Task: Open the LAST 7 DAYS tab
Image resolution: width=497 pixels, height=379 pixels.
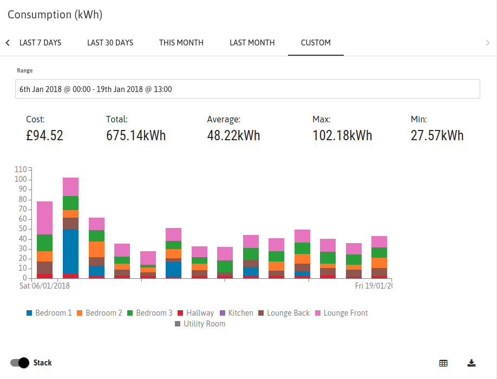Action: (x=40, y=43)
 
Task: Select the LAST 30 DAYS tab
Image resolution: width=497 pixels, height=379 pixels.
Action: (x=110, y=43)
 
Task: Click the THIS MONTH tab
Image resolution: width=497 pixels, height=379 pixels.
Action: (x=181, y=43)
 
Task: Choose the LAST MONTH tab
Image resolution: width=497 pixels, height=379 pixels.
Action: (x=252, y=43)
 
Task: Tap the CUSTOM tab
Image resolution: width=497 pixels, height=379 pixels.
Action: (x=316, y=43)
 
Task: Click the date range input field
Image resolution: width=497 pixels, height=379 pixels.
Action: (x=247, y=89)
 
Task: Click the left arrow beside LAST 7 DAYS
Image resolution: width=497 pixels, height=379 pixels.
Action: (x=8, y=43)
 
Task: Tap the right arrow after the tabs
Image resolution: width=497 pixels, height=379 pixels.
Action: (x=488, y=43)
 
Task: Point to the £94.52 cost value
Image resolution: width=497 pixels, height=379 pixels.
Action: (x=45, y=136)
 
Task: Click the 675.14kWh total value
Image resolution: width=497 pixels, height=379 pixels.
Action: (x=136, y=136)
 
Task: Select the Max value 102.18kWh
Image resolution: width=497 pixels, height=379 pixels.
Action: (x=342, y=136)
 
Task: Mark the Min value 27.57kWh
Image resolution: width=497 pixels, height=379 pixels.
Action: (x=437, y=136)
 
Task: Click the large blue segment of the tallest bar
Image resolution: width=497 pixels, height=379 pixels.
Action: (x=71, y=251)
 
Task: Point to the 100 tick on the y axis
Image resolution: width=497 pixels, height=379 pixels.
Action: (x=21, y=179)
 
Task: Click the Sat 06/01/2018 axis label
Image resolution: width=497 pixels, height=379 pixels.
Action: (x=45, y=286)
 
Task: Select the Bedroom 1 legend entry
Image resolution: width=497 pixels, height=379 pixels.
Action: (x=49, y=313)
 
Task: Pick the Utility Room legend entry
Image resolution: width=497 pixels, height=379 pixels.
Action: (x=200, y=324)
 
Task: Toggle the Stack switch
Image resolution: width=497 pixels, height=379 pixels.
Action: (x=19, y=363)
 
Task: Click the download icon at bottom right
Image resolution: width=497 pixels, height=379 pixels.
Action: (x=472, y=363)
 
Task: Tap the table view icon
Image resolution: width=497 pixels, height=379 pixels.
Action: (x=443, y=363)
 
